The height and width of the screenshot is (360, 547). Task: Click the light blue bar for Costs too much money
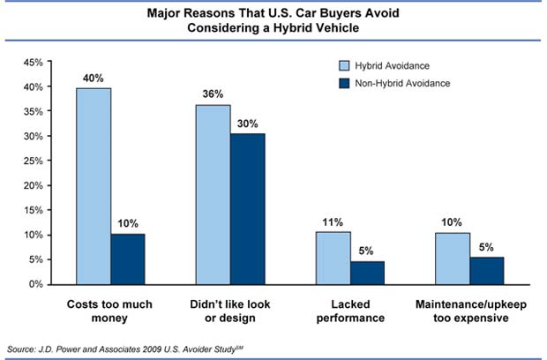[93, 185]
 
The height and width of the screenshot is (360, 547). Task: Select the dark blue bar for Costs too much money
[128, 259]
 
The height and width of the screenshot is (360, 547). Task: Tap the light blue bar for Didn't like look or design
[213, 194]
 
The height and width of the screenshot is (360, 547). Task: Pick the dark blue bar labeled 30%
[248, 208]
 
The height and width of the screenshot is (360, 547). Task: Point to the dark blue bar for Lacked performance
[368, 272]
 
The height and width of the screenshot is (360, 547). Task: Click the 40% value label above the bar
[93, 78]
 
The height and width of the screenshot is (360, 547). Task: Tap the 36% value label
[213, 95]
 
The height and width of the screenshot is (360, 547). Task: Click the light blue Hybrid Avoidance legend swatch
[346, 66]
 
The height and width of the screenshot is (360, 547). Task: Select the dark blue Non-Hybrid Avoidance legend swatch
[346, 83]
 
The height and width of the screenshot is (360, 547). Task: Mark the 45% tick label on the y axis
[33, 63]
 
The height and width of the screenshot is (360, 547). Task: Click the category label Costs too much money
[110, 311]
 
